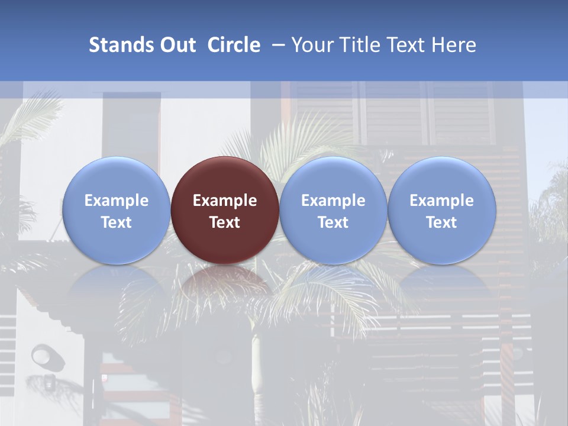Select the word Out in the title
pyautogui.click(x=176, y=45)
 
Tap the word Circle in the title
pyautogui.click(x=234, y=45)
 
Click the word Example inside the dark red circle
pyautogui.click(x=225, y=201)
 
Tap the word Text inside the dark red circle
pyautogui.click(x=225, y=222)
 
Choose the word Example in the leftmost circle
pyautogui.click(x=116, y=201)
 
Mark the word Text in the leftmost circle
pyautogui.click(x=116, y=222)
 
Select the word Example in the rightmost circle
pyautogui.click(x=441, y=201)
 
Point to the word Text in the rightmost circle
pyautogui.click(x=441, y=222)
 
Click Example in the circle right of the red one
pyautogui.click(x=333, y=201)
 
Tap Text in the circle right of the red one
pyautogui.click(x=333, y=222)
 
